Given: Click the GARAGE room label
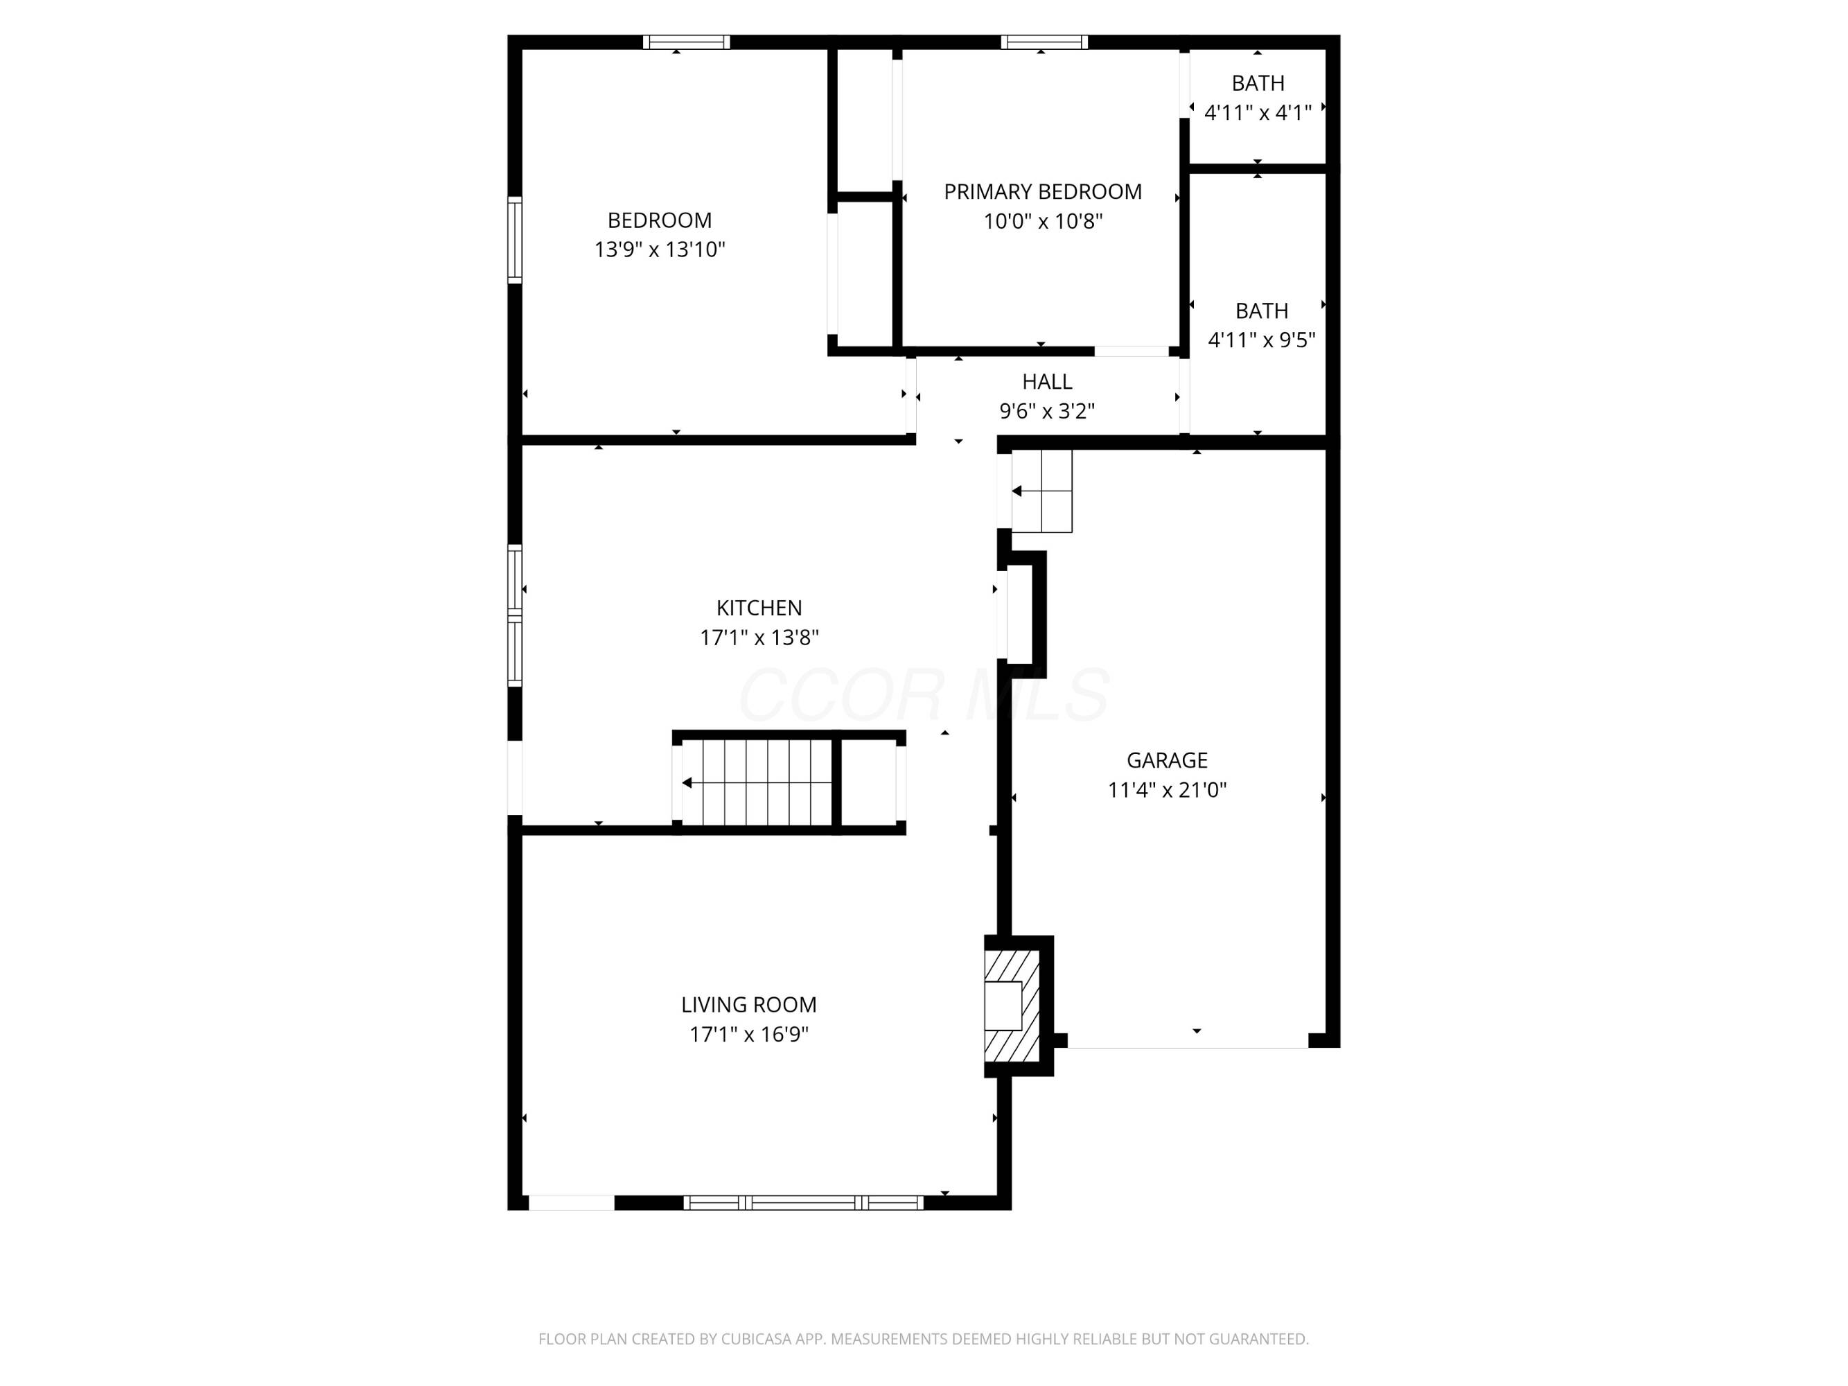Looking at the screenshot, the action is [1166, 760].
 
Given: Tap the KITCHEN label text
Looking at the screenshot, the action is [759, 608].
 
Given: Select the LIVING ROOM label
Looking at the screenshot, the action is [748, 1005].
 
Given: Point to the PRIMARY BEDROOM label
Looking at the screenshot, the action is [1043, 192].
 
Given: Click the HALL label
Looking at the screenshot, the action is [1047, 382].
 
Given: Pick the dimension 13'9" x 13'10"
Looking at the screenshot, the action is [659, 249].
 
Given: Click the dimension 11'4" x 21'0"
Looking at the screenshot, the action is [1167, 790].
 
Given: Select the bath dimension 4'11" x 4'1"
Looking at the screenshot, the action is [1258, 113].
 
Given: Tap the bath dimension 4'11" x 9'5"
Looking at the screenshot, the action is [1262, 340].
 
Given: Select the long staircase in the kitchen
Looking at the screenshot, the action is [757, 783].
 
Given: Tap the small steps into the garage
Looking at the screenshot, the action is [1042, 491].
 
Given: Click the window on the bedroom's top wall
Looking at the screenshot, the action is [687, 42].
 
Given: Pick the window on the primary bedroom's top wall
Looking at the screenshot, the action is [1044, 42].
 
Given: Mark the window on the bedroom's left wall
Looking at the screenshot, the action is [516, 240].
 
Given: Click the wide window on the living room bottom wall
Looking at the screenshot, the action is [804, 1203].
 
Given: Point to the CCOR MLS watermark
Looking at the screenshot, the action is [924, 695].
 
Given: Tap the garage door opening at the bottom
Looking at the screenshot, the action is [1188, 1041].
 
